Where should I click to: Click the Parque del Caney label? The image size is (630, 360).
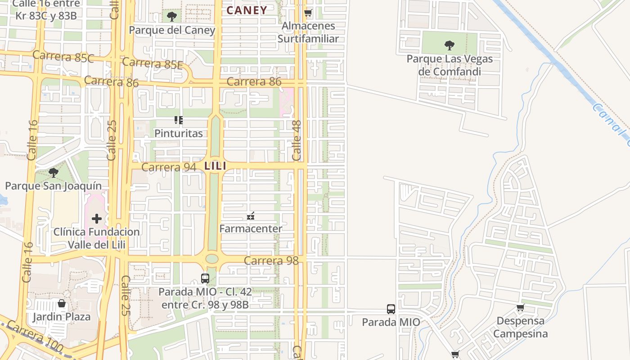[172, 30]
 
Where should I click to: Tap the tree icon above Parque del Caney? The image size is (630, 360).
[171, 17]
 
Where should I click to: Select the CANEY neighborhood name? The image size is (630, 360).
[247, 10]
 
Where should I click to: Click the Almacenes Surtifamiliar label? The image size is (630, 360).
[308, 32]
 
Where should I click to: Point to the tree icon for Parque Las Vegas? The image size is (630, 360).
[449, 45]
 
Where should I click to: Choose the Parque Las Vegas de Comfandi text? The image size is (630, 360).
[450, 65]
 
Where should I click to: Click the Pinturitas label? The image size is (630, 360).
[179, 133]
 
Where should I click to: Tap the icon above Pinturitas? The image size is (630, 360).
[179, 120]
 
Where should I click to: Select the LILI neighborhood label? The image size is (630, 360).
[215, 166]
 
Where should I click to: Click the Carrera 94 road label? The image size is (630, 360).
[169, 167]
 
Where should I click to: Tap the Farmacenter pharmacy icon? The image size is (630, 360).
[251, 216]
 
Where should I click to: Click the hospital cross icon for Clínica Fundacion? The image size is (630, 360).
[97, 219]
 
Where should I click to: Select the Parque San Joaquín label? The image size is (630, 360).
[53, 186]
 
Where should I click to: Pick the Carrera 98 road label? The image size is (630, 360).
[271, 261]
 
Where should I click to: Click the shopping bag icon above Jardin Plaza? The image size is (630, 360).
[62, 304]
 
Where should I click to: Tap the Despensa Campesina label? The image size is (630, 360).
[520, 327]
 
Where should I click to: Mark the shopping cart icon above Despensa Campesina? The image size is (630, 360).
[520, 308]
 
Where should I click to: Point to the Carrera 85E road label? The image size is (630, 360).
[152, 63]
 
